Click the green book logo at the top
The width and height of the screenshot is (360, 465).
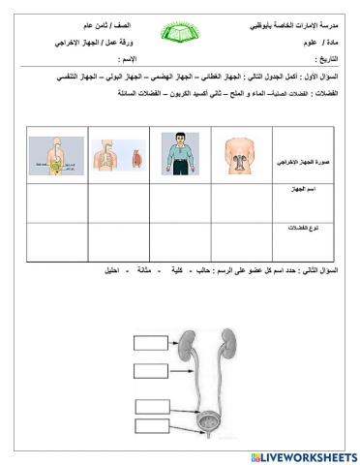[x=180, y=36]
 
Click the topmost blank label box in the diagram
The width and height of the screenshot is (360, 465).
[x=151, y=341]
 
